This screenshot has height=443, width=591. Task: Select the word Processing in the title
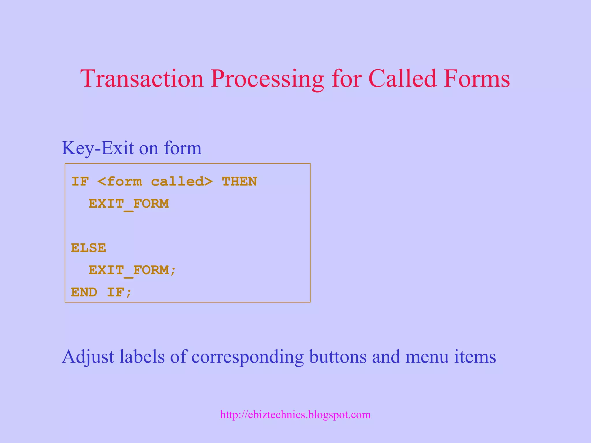[267, 79]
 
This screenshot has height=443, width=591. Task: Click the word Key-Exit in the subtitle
[98, 148]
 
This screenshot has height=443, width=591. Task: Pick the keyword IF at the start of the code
[80, 182]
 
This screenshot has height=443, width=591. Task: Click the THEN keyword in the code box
[239, 182]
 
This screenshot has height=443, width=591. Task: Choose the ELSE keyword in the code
[89, 248]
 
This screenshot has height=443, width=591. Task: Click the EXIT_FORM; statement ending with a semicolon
[132, 271]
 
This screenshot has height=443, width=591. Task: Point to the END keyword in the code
[84, 292]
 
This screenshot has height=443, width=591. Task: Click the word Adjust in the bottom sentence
[88, 357]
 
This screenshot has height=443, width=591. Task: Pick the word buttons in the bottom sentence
[338, 356]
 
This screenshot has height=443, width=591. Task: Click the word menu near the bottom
[427, 357]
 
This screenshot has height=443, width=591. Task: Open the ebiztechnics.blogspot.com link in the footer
[295, 415]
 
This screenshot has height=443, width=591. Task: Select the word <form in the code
[120, 182]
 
